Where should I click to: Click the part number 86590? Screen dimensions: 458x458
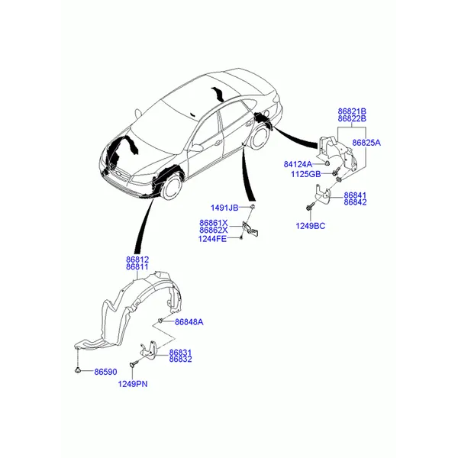pyautogui.click(x=105, y=372)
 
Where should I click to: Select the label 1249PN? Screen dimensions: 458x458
pyautogui.click(x=133, y=384)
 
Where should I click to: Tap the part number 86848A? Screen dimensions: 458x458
pyautogui.click(x=189, y=322)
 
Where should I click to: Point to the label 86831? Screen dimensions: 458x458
pyautogui.click(x=180, y=352)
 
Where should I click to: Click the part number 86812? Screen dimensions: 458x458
pyautogui.click(x=137, y=260)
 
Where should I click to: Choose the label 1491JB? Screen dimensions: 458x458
pyautogui.click(x=224, y=208)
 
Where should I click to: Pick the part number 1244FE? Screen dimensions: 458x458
pyautogui.click(x=212, y=239)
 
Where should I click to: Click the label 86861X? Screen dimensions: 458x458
pyautogui.click(x=214, y=223)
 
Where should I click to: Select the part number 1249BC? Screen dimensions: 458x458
pyautogui.click(x=311, y=226)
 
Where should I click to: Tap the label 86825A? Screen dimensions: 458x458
pyautogui.click(x=366, y=143)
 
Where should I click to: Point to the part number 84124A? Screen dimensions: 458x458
pyautogui.click(x=298, y=164)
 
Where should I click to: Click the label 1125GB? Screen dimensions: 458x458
pyautogui.click(x=306, y=174)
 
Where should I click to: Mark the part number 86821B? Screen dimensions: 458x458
pyautogui.click(x=352, y=111)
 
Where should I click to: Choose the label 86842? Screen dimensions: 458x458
pyautogui.click(x=355, y=202)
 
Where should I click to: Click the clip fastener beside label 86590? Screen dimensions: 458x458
pyautogui.click(x=78, y=370)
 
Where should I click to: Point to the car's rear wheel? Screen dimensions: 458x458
pyautogui.click(x=259, y=138)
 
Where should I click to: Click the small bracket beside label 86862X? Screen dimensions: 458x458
pyautogui.click(x=250, y=229)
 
